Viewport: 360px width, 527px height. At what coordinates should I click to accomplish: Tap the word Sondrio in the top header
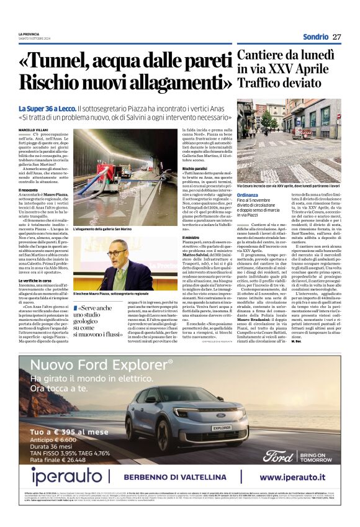point(316,37)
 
